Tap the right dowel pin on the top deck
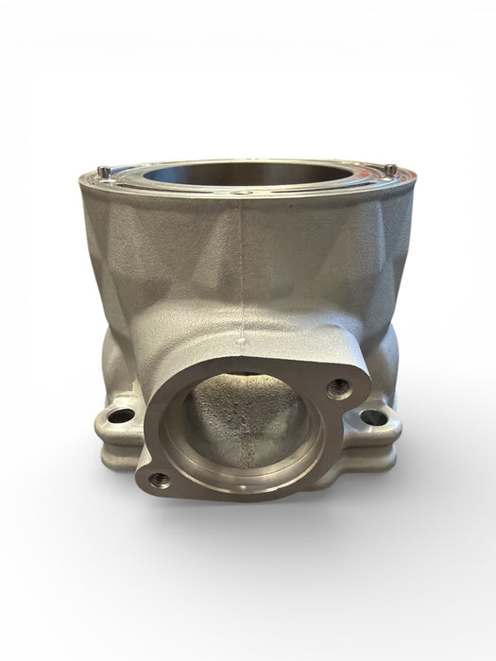390,169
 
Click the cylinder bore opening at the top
248,170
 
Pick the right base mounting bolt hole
372,415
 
